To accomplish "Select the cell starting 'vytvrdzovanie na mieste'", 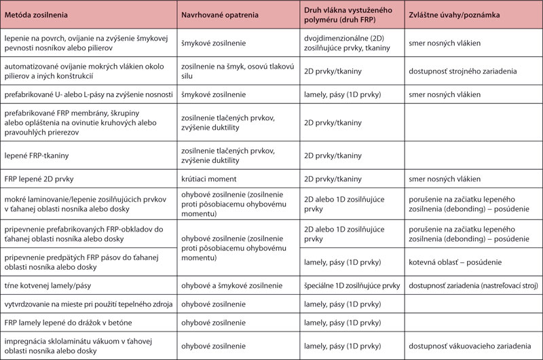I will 85,304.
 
